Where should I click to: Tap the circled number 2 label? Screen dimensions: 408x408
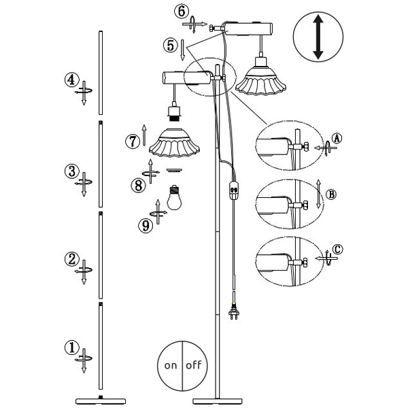(71, 259)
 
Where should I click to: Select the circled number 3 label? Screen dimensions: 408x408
(71, 171)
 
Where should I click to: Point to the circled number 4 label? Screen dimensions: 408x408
(71, 80)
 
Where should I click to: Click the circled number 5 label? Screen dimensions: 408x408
(171, 46)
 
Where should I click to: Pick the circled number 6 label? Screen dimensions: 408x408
(181, 11)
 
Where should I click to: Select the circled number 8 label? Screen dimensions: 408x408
(138, 184)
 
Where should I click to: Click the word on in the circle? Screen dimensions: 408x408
(171, 365)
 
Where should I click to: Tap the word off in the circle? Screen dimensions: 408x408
(194, 365)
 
